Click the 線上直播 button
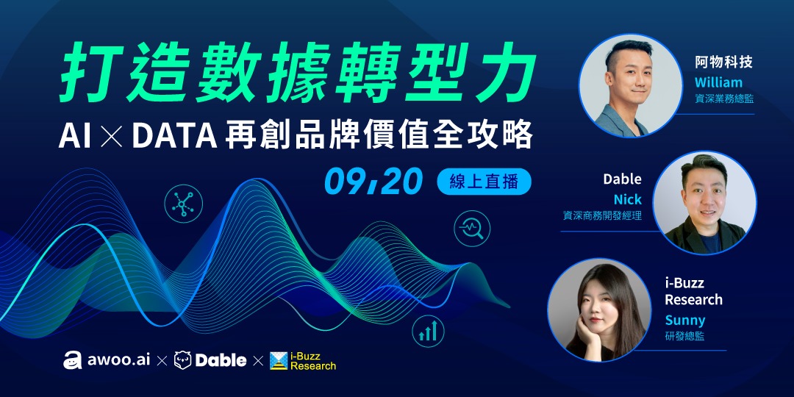[x=484, y=182]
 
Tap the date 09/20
[x=373, y=181]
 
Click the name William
[x=718, y=82]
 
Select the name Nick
[x=627, y=199]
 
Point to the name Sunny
[x=684, y=320]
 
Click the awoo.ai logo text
[x=107, y=360]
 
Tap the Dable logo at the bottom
[x=210, y=360]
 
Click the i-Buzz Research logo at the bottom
[x=302, y=360]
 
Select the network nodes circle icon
[x=182, y=202]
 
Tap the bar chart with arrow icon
[x=428, y=332]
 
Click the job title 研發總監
[x=684, y=337]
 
